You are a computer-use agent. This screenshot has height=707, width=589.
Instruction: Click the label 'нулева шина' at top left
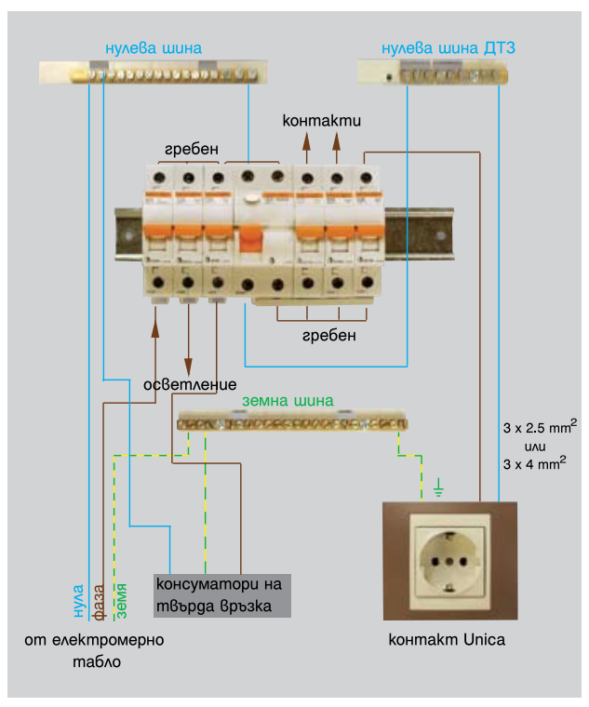[x=154, y=47]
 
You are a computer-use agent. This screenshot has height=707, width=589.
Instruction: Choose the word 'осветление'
[x=190, y=384]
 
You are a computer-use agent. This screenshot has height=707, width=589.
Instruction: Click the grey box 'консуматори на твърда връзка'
[x=222, y=595]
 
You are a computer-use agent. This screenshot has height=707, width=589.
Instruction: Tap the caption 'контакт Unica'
[x=447, y=640]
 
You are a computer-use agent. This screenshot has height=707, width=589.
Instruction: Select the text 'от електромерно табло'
[x=94, y=650]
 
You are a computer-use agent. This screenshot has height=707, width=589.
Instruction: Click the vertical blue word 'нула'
[x=79, y=601]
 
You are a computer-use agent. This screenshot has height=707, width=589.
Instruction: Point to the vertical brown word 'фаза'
[x=100, y=601]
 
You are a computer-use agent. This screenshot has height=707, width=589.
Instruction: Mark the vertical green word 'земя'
[x=121, y=601]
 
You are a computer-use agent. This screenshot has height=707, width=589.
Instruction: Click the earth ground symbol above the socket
[x=439, y=487]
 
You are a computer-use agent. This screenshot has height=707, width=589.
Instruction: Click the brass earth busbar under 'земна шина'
[x=291, y=422]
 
